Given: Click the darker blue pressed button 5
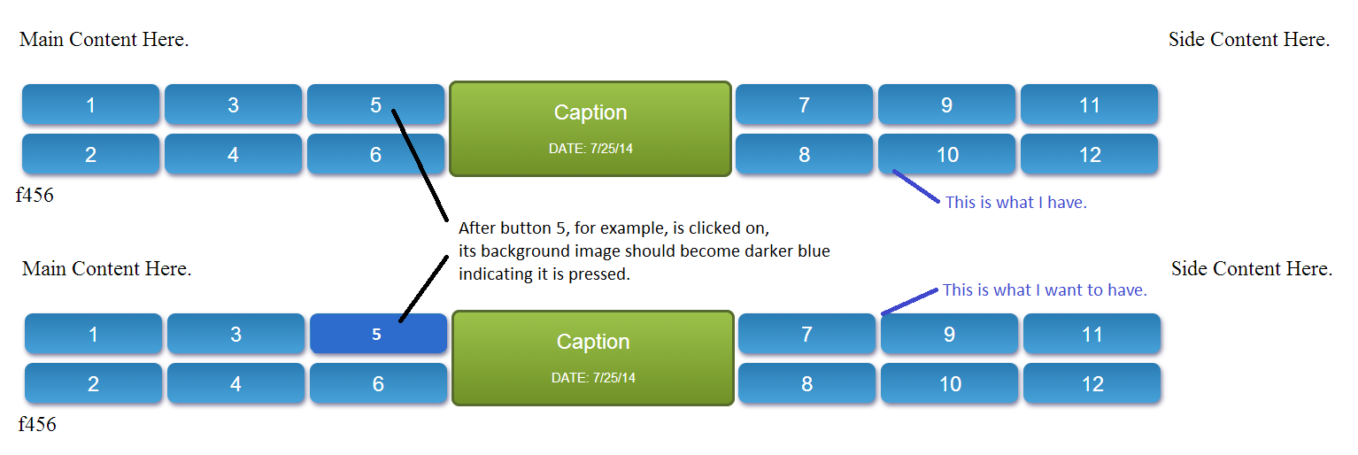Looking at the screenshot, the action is [x=378, y=333].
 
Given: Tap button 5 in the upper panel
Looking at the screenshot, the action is [x=376, y=104].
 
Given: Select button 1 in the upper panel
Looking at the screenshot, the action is [x=91, y=104].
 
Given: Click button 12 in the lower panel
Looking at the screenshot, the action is [x=1092, y=383].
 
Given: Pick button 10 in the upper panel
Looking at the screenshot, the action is [x=947, y=154].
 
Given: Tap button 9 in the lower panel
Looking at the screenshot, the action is [x=949, y=333].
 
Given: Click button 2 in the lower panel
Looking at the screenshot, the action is [x=93, y=383].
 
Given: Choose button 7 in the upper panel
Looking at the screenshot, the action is [x=805, y=104].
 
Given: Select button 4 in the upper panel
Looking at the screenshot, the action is [x=234, y=154].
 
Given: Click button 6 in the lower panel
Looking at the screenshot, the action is [x=378, y=383].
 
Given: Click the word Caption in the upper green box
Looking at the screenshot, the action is [x=590, y=112].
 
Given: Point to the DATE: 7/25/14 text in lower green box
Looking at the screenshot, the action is [x=593, y=377].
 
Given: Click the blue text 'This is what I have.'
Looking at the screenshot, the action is [x=1016, y=203].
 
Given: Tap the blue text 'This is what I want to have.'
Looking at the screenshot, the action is [x=1045, y=290].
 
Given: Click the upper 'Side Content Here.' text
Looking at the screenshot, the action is [x=1249, y=39].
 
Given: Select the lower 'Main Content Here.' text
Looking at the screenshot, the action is [x=107, y=268].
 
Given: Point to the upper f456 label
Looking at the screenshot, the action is [x=35, y=195].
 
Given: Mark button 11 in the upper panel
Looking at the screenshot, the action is [x=1090, y=104].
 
